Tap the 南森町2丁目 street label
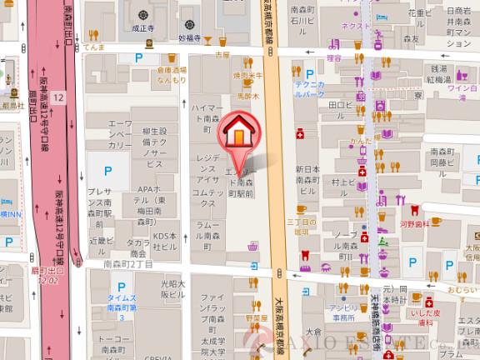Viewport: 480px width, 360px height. (128, 264)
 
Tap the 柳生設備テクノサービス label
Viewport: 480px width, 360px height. (156, 148)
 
